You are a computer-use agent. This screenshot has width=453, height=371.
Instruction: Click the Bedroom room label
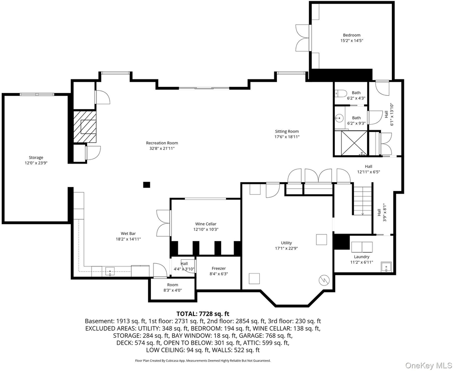click(x=352, y=35)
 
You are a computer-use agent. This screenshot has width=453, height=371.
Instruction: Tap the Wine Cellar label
click(x=206, y=224)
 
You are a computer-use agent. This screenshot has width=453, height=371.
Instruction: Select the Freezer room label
click(x=219, y=268)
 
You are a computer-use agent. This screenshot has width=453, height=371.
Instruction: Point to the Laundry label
click(x=362, y=257)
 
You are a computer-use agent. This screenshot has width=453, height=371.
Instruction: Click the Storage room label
click(x=36, y=157)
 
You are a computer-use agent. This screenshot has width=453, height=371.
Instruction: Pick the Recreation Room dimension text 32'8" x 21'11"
click(x=162, y=148)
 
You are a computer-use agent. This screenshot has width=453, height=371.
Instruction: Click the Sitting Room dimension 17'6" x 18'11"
click(x=287, y=137)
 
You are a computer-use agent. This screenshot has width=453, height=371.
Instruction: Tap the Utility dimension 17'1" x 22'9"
click(x=286, y=248)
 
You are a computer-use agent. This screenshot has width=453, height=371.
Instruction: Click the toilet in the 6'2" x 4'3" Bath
click(x=341, y=93)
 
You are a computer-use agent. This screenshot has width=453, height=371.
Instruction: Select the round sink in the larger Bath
click(x=340, y=118)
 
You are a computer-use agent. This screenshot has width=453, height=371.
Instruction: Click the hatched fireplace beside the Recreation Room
click(x=84, y=126)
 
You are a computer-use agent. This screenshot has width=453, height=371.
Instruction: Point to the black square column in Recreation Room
click(x=147, y=184)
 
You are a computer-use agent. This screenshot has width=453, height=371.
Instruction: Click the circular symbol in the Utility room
click(x=324, y=280)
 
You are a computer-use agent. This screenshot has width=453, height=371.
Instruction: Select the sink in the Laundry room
click(x=386, y=266)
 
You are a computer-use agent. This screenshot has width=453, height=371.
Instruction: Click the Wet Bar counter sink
click(x=110, y=271)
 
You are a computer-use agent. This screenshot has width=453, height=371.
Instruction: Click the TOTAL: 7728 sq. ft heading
click(x=203, y=314)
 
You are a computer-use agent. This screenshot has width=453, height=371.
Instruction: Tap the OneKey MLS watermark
click(x=429, y=366)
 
